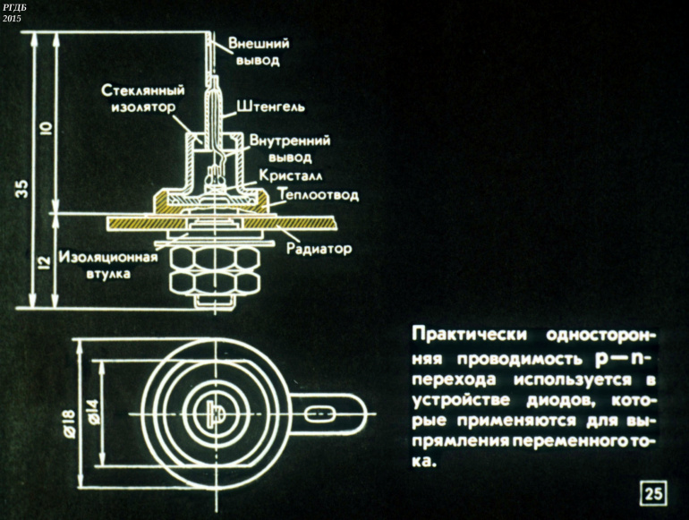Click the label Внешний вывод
coord(253,52)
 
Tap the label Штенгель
coord(271,106)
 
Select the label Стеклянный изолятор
coord(143,98)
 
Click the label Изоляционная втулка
coord(108,265)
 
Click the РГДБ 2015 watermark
coord(14,12)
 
